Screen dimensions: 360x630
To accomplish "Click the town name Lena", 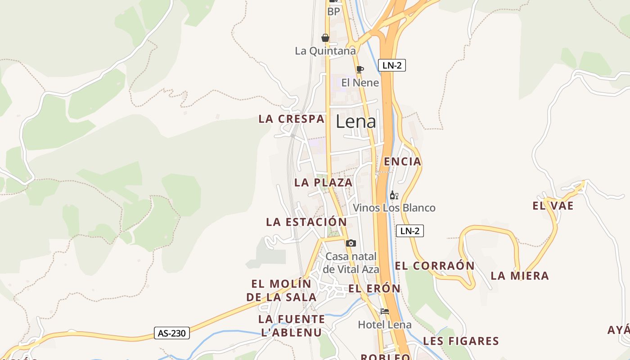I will coord(356,121).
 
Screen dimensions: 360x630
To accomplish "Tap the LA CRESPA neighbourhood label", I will coord(291,119).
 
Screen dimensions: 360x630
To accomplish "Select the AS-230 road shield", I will coord(171,333).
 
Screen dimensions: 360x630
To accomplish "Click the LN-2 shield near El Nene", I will coord(391,65).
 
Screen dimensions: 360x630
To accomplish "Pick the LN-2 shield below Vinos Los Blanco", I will coord(409,231).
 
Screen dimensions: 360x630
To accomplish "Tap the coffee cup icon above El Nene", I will coord(360,69).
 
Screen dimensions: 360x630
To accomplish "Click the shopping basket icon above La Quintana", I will coord(325,38).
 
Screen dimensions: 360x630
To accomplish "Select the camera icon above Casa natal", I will coord(351,243).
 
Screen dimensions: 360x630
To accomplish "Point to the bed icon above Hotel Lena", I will coord(384,311).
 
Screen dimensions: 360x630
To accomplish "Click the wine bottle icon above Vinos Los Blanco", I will coord(394,195).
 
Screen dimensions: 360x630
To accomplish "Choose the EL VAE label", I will coord(553,206).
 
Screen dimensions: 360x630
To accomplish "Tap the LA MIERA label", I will coord(520,276).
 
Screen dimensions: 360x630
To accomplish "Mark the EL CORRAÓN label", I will coord(434,265).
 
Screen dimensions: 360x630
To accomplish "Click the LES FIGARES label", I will coord(461,341).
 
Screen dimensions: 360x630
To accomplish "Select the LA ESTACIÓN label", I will coord(306,222).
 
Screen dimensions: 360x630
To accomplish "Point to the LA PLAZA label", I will coord(323,182).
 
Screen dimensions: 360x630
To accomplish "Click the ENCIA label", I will coord(402,162).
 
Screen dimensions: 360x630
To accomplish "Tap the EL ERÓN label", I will coord(374,288).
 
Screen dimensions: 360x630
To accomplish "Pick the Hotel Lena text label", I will coord(384,324).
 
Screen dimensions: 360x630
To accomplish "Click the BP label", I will coord(333,12).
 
